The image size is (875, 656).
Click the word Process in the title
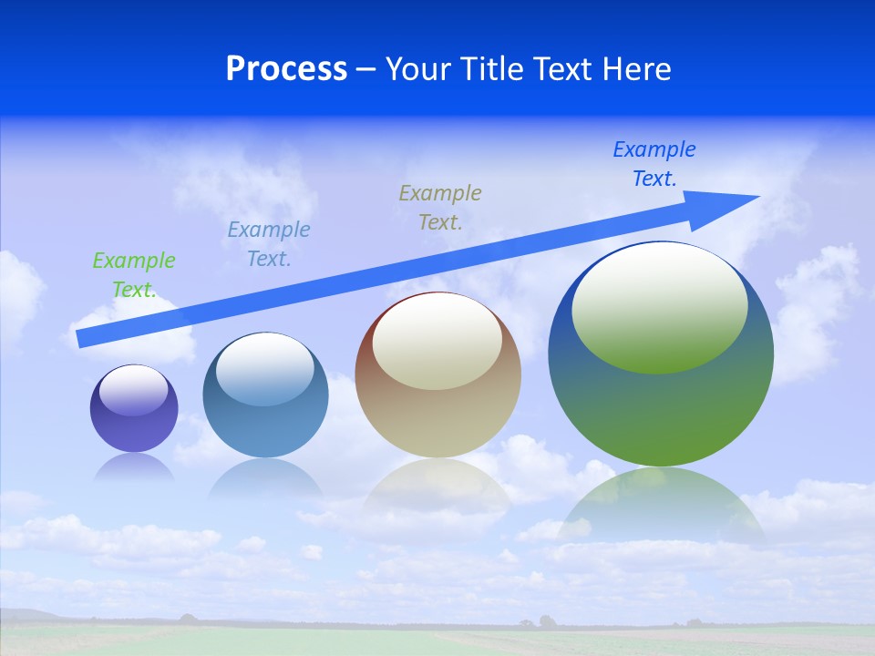286,69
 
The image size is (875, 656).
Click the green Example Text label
133,275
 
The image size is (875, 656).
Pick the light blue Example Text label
268,244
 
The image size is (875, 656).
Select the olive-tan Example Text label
439,208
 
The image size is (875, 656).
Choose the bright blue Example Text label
654,164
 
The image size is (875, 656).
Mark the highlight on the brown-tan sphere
437,340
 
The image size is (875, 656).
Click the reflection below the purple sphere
134,466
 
